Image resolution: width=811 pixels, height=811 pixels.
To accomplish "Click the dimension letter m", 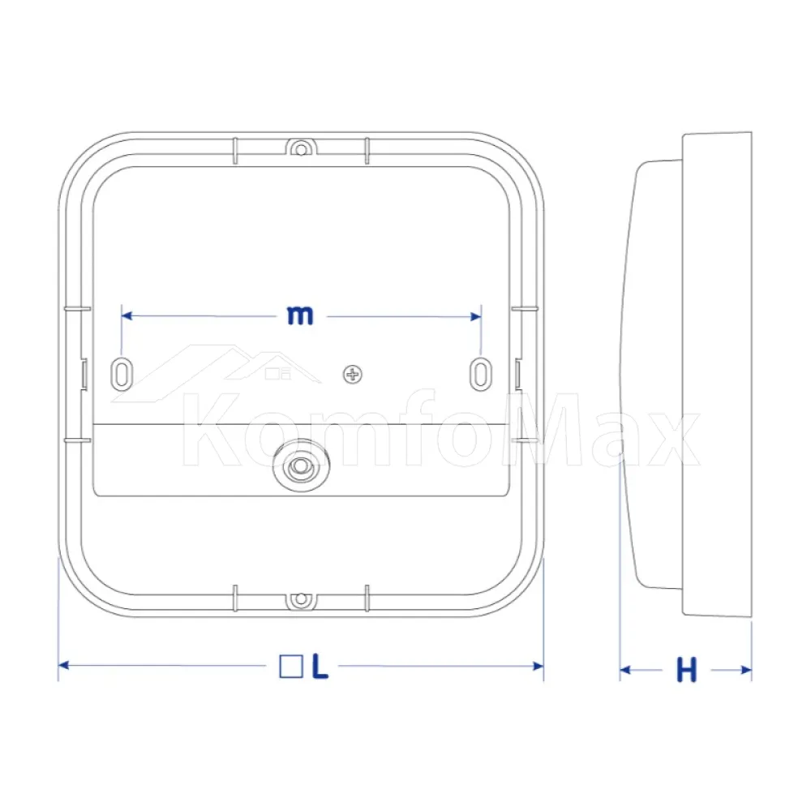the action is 300,315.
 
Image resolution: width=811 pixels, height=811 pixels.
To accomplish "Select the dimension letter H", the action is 686,671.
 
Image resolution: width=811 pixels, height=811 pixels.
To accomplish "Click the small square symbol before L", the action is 290,666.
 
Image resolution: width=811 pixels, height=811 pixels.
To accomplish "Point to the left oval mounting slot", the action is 122,373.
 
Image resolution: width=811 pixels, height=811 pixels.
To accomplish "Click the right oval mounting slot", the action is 480,373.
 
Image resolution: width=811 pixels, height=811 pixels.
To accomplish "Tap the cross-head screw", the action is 353,375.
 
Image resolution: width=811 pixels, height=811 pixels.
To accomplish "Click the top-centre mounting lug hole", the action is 300,149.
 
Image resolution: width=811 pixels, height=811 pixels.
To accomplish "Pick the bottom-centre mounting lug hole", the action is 300,599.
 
